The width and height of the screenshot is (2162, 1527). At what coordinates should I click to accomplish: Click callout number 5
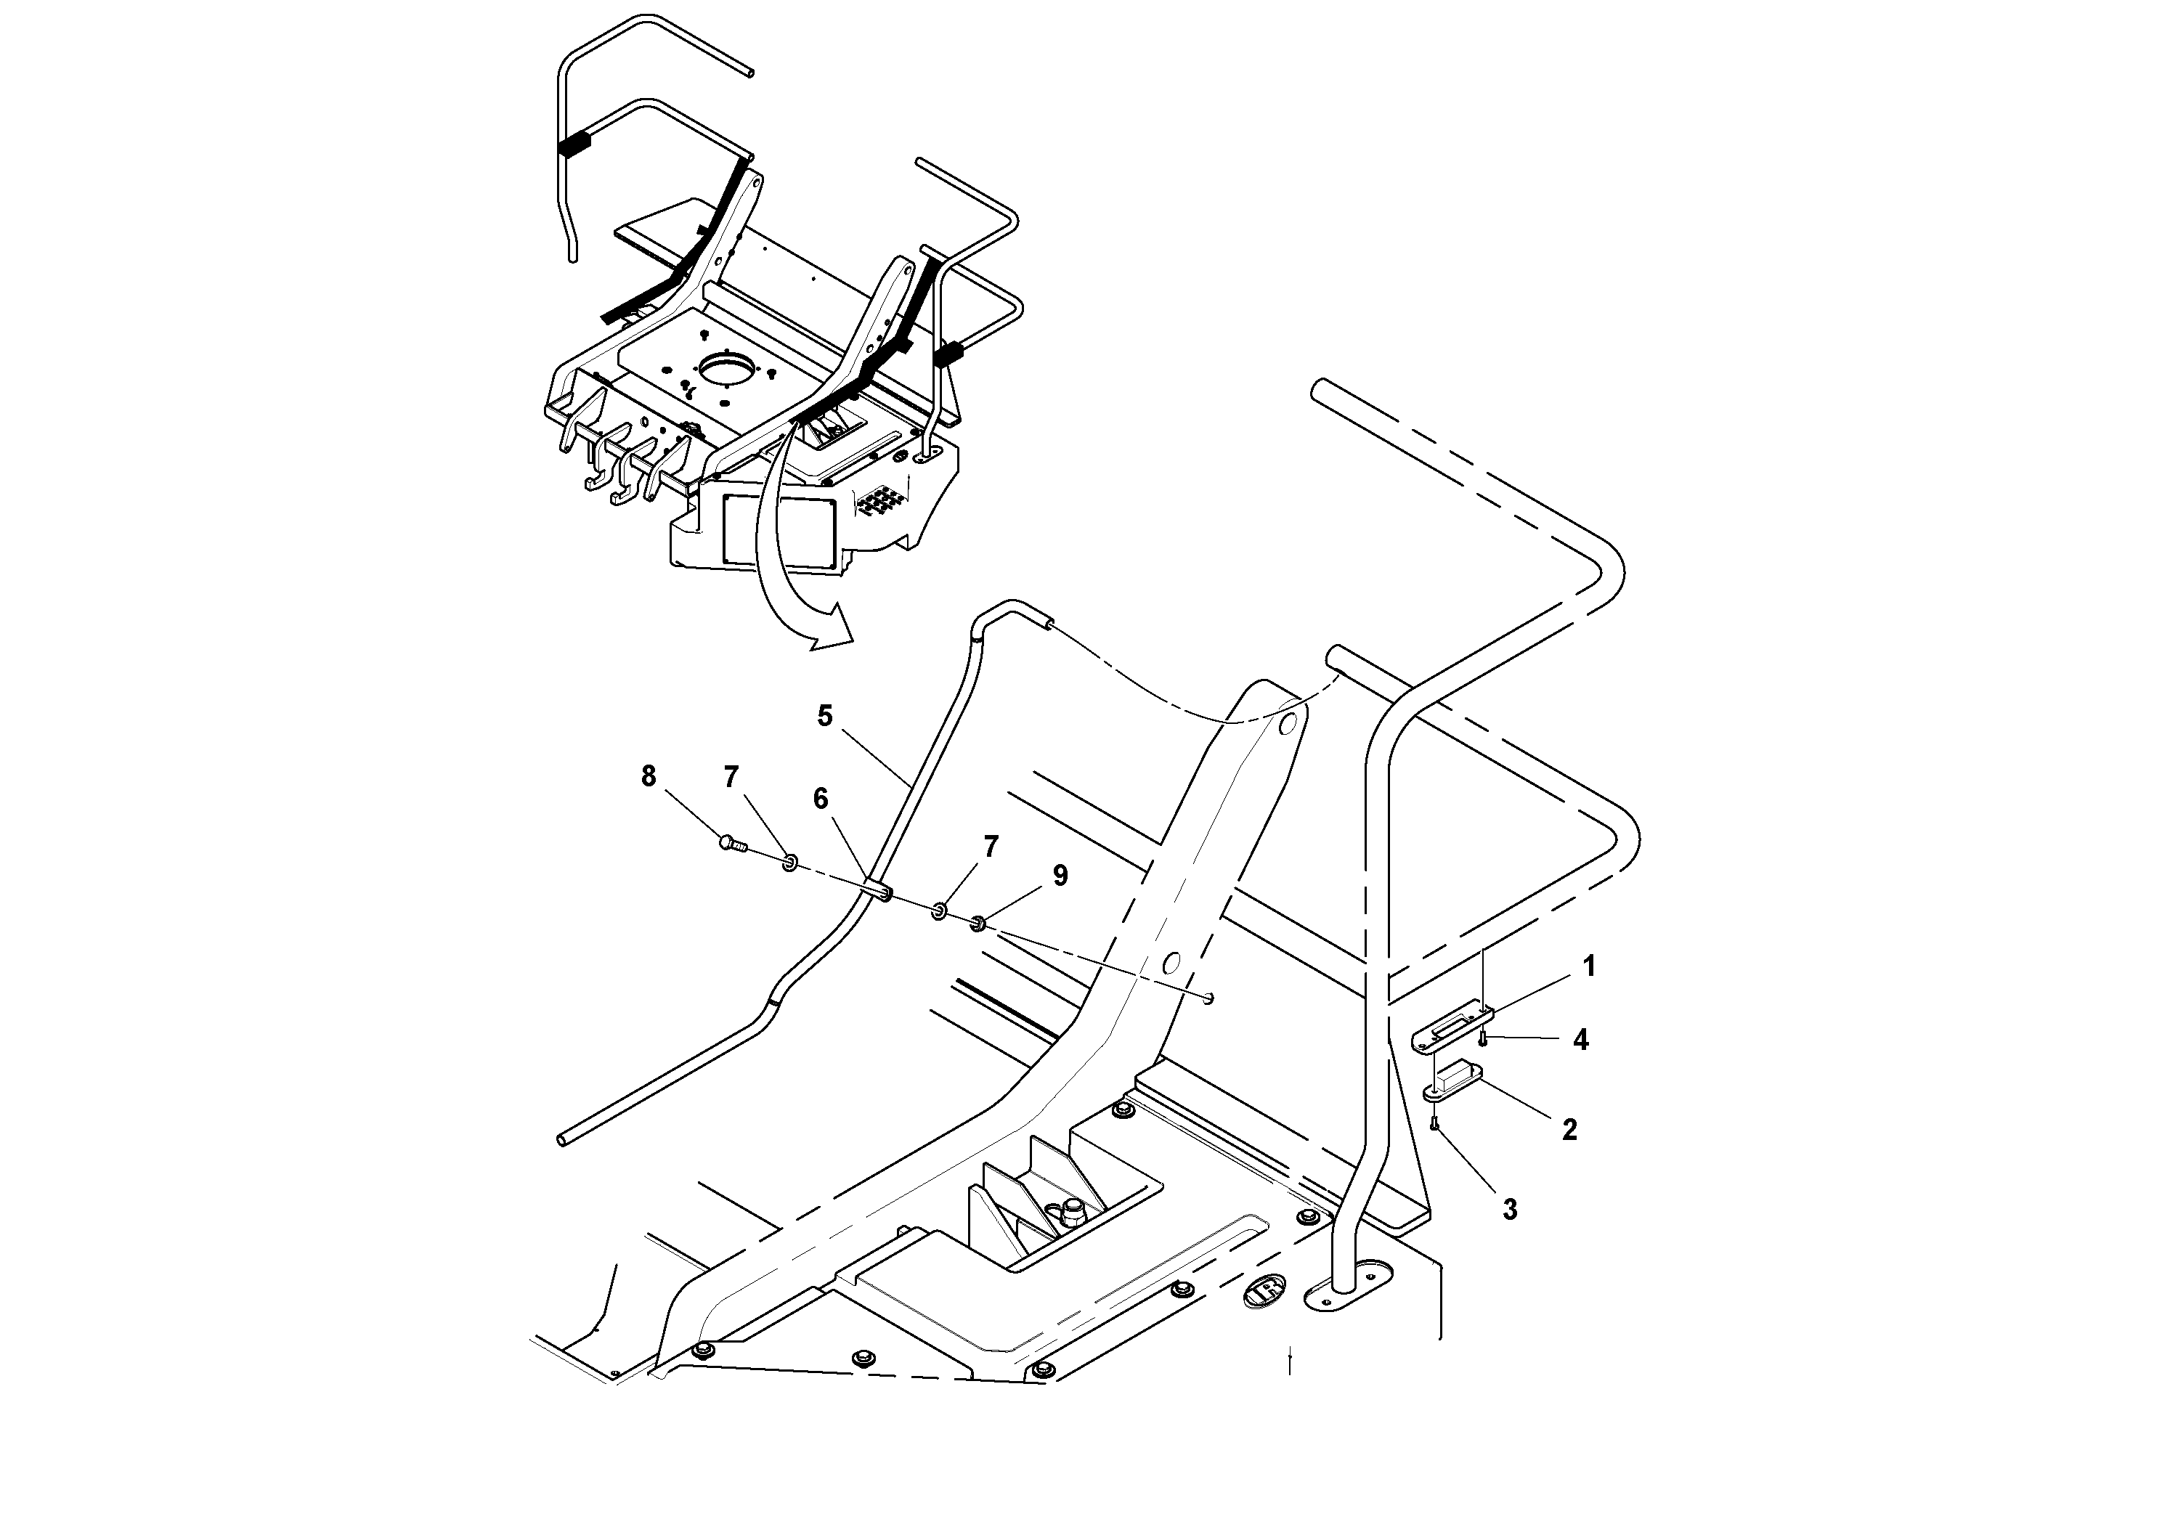825,717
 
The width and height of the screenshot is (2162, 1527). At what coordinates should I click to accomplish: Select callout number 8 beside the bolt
648,777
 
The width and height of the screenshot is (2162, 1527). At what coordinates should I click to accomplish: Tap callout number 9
1060,876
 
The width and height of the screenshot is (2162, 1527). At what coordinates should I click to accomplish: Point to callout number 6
821,799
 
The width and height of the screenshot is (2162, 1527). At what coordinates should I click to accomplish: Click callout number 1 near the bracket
1590,967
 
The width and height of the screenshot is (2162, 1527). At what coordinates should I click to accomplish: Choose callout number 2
1569,1131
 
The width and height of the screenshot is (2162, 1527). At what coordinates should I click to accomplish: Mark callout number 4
1581,1041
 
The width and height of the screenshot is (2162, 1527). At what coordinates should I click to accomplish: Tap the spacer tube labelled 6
877,889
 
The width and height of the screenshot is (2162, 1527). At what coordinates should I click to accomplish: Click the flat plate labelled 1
1453,1030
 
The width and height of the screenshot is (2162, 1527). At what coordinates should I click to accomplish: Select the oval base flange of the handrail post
1346,1295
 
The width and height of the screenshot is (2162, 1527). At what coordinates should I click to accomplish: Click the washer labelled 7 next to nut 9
940,911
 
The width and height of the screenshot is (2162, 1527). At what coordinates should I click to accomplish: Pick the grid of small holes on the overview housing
879,500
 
